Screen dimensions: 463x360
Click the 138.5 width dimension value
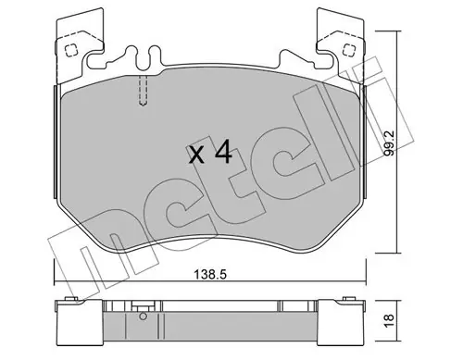pos(210,274)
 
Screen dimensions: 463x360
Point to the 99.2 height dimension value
pos(389,143)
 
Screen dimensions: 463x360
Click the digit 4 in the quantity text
pos(223,152)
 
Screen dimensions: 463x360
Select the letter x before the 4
pos(196,155)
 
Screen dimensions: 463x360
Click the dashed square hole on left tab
pos(71,50)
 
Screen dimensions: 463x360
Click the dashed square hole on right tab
pos(349,50)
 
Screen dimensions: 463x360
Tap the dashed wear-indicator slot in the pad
pos(143,91)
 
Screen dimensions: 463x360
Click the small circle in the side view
pos(143,317)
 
